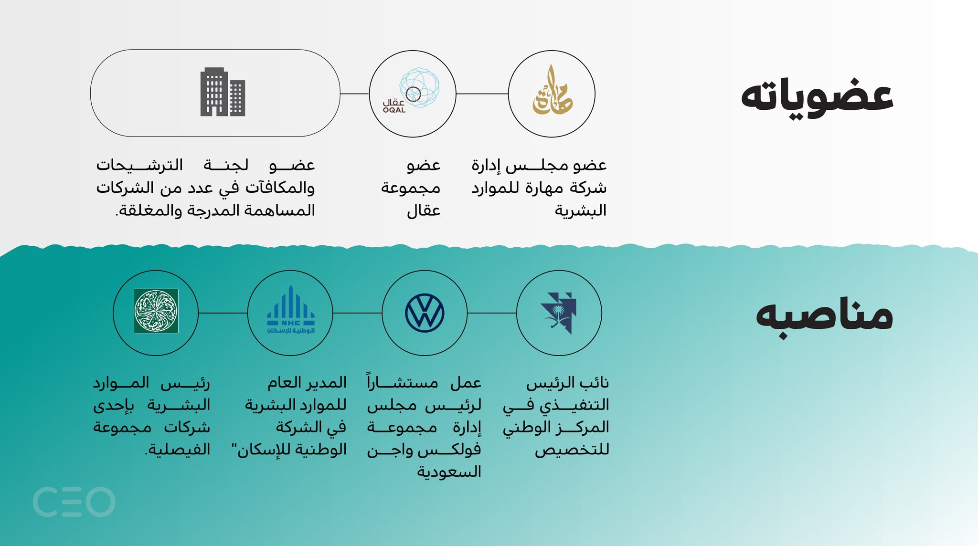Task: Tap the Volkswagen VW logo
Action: click(x=425, y=313)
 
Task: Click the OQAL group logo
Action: click(x=412, y=91)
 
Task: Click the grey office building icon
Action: click(x=223, y=92)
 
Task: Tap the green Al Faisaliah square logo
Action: click(x=156, y=311)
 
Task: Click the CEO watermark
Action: click(x=74, y=502)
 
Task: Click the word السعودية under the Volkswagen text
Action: click(x=449, y=472)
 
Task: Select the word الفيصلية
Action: click(x=178, y=449)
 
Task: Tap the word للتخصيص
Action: click(x=572, y=450)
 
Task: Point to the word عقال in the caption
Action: click(x=424, y=210)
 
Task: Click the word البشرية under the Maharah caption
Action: click(x=580, y=210)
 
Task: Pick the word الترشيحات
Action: click(x=139, y=165)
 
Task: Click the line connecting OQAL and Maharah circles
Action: click(x=482, y=94)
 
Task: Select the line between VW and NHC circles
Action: click(x=357, y=313)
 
